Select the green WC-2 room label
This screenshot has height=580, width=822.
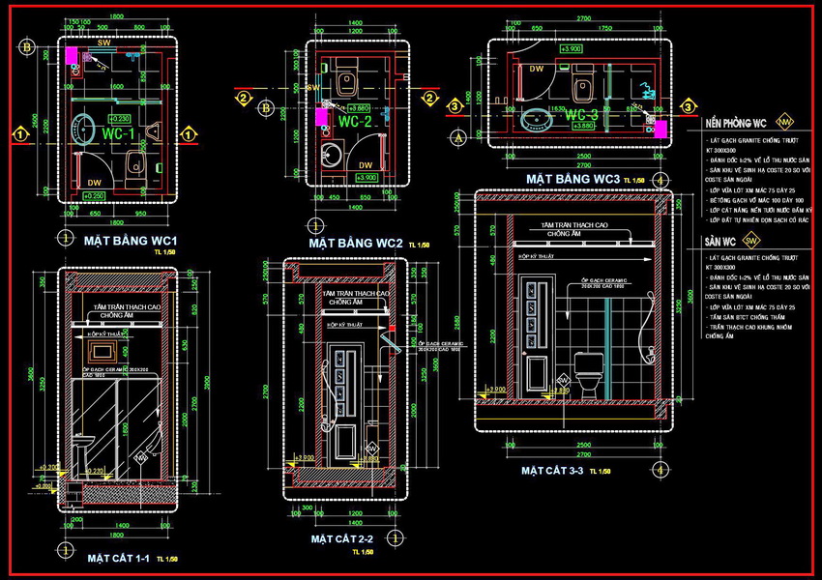354,123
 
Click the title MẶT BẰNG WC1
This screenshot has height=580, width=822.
129,240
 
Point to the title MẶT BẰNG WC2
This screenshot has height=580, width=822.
355,243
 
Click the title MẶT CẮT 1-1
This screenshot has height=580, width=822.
123,558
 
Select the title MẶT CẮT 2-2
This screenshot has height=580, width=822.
340,537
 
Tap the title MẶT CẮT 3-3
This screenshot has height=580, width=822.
555,471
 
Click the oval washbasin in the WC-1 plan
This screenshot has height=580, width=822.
85,130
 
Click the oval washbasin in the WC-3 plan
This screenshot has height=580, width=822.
535,120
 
